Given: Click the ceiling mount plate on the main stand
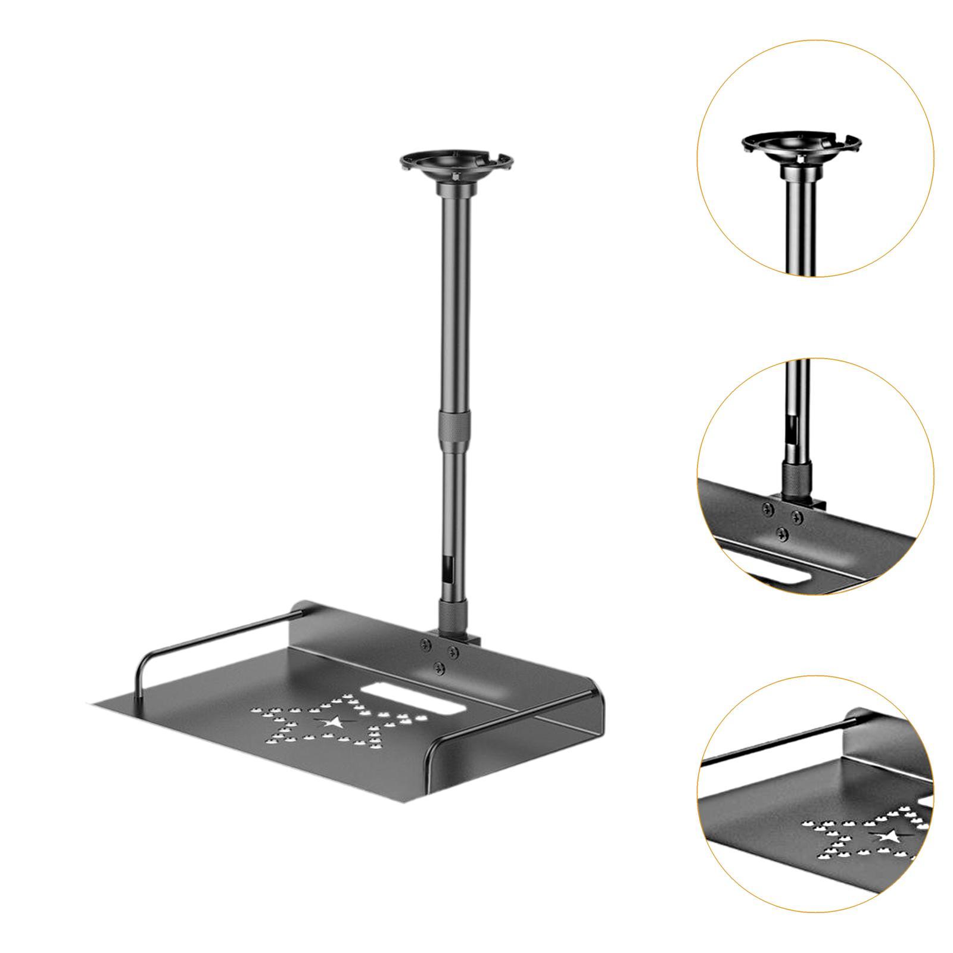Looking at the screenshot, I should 456,163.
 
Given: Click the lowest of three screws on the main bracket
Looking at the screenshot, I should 440,664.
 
